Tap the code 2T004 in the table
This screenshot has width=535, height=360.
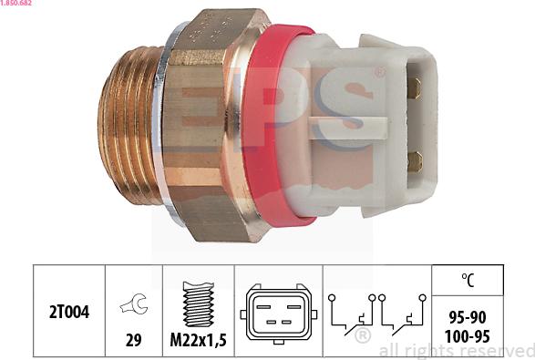69,313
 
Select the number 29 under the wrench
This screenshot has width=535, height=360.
133,342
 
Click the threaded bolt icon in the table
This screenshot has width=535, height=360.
198,303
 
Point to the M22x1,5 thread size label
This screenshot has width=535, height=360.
198,342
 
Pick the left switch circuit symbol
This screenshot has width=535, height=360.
352,312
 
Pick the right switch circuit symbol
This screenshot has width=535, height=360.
402,312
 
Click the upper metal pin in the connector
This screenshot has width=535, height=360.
413,87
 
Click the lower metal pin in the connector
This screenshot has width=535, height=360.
414,161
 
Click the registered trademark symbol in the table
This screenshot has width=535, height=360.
363,337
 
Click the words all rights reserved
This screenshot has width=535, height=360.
456,350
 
